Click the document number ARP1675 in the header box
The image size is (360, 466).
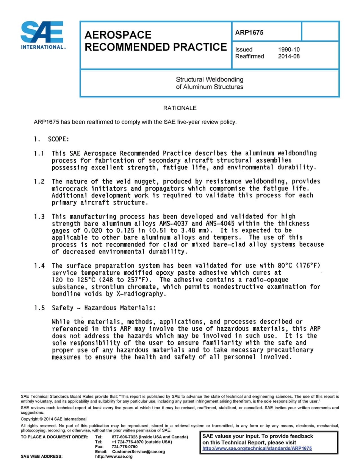(249, 33)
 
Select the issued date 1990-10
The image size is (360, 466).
(289, 49)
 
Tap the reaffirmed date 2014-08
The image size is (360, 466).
(289, 56)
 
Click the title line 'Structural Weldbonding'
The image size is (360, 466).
(210, 80)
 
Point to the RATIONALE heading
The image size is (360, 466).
(180, 108)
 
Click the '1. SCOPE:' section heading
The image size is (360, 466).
(51, 139)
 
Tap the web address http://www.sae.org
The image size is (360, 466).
(114, 457)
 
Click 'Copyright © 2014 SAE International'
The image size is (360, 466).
(53, 419)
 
